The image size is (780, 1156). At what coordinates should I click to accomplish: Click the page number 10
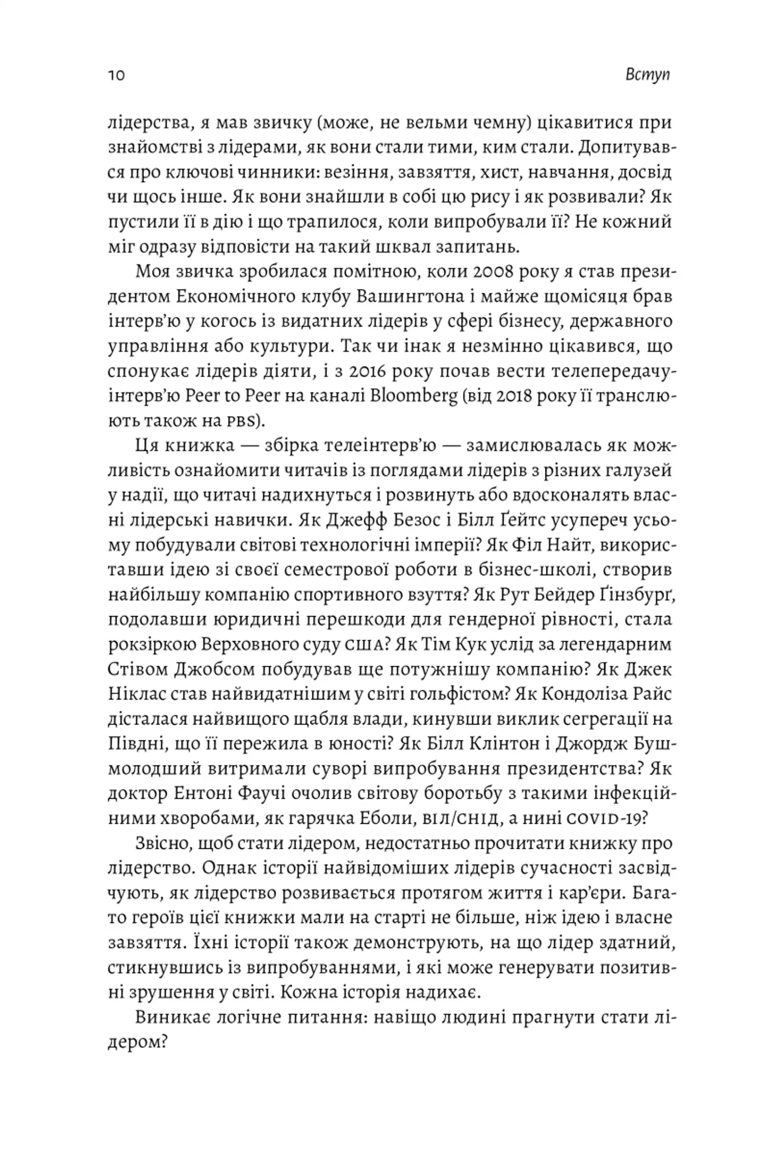[116, 75]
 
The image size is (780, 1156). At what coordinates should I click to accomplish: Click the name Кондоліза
[582, 694]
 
